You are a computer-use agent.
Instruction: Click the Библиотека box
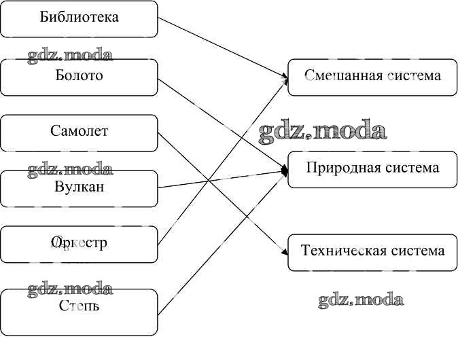tap(79, 18)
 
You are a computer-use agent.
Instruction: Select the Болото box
tap(79, 76)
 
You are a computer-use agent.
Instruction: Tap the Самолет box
tap(79, 132)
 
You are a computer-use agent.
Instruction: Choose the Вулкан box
tap(79, 188)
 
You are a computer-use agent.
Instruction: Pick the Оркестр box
tap(79, 244)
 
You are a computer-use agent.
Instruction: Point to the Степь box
tap(79, 311)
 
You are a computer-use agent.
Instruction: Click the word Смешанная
tap(342, 75)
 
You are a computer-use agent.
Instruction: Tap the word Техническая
tap(338, 251)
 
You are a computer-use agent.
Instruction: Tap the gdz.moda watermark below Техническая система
tap(361, 300)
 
